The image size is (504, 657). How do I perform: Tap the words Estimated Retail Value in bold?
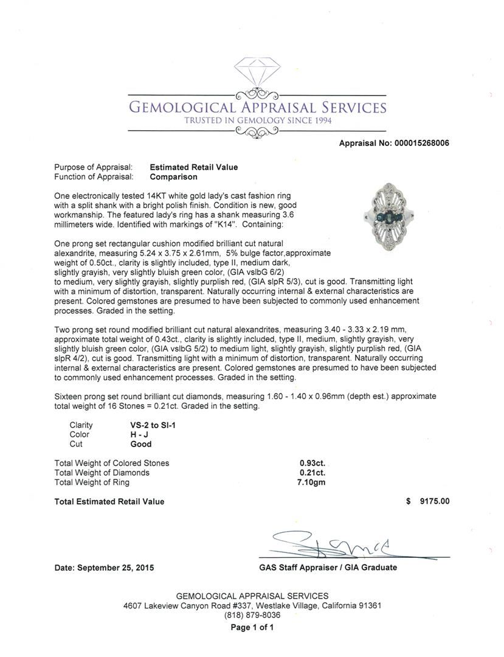(x=194, y=167)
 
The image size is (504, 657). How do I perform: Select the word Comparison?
(x=174, y=177)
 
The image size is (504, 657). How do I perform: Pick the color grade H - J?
(x=132, y=434)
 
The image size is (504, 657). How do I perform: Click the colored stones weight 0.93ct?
(x=312, y=463)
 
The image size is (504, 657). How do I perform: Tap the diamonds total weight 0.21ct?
(x=312, y=473)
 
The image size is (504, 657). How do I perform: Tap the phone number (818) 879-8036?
(x=252, y=616)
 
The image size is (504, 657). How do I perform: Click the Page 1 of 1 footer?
(x=252, y=627)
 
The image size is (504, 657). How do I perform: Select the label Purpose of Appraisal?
(x=93, y=167)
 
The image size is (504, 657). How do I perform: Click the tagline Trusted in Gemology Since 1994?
(x=258, y=120)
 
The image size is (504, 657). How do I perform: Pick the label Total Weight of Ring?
(x=92, y=482)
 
